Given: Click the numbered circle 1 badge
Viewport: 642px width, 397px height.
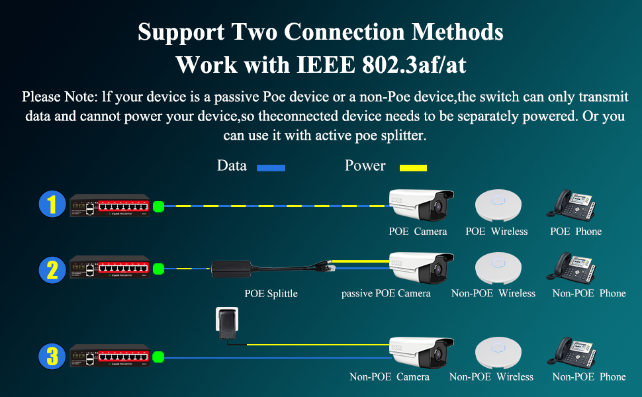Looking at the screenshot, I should (x=52, y=204).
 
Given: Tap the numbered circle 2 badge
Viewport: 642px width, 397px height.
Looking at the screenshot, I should (x=52, y=269).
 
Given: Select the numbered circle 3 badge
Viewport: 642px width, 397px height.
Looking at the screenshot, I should (x=52, y=357).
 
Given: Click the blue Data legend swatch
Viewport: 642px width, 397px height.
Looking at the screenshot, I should (x=270, y=168).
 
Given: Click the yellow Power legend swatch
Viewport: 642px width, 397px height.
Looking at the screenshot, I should (x=412, y=168).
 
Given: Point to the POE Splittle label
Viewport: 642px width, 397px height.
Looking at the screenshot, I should (x=271, y=293).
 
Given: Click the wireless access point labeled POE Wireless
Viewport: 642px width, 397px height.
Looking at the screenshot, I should (x=497, y=205).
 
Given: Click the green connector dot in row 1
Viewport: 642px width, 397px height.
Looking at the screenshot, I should (x=158, y=206).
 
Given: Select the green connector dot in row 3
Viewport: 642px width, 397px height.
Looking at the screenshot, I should (x=158, y=357).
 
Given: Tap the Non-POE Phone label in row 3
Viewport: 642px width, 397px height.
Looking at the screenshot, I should (x=588, y=376).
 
